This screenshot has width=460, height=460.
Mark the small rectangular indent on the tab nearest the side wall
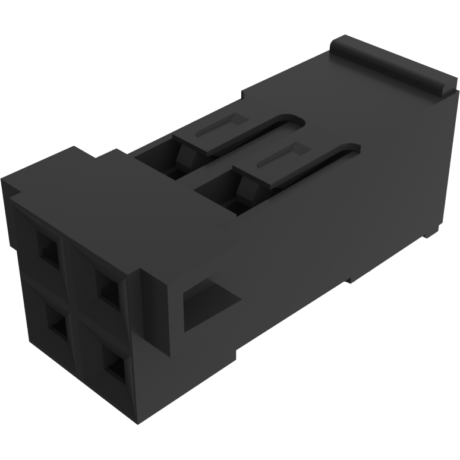coord(276,158)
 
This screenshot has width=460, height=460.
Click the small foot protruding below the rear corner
coord(432,232)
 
